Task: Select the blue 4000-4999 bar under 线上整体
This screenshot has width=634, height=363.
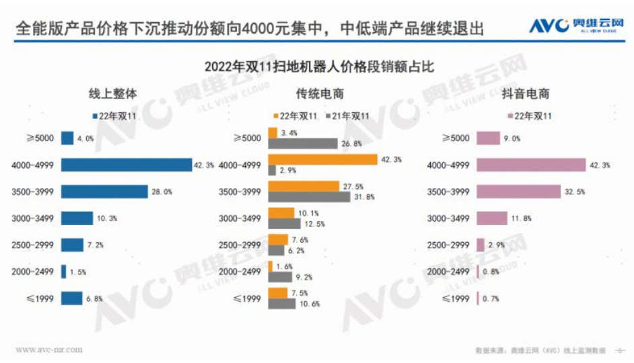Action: coord(127,165)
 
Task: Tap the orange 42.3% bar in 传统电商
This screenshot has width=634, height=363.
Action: coord(322,159)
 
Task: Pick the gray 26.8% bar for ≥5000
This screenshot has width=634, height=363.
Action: coord(302,143)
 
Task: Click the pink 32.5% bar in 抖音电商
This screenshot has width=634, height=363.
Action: coord(518,192)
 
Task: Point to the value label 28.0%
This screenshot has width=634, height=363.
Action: coord(162,192)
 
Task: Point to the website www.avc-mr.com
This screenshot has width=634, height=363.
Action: coord(48,350)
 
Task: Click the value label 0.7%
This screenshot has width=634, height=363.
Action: coord(490,298)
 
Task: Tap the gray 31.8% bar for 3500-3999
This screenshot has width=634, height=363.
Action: coord(309,197)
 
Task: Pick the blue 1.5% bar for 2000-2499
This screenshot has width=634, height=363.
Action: coord(63,272)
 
